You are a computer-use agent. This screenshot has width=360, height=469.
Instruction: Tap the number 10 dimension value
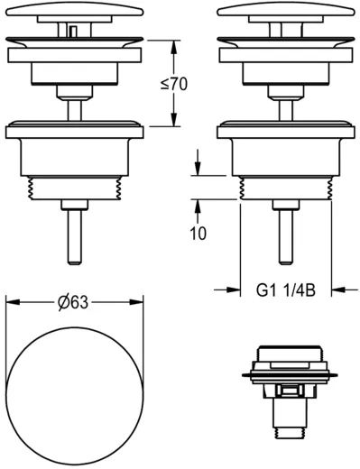pos(198,234)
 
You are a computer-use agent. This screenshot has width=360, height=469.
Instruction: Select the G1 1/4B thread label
pos(285,290)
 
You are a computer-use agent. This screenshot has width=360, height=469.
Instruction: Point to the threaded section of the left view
pos(75,189)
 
